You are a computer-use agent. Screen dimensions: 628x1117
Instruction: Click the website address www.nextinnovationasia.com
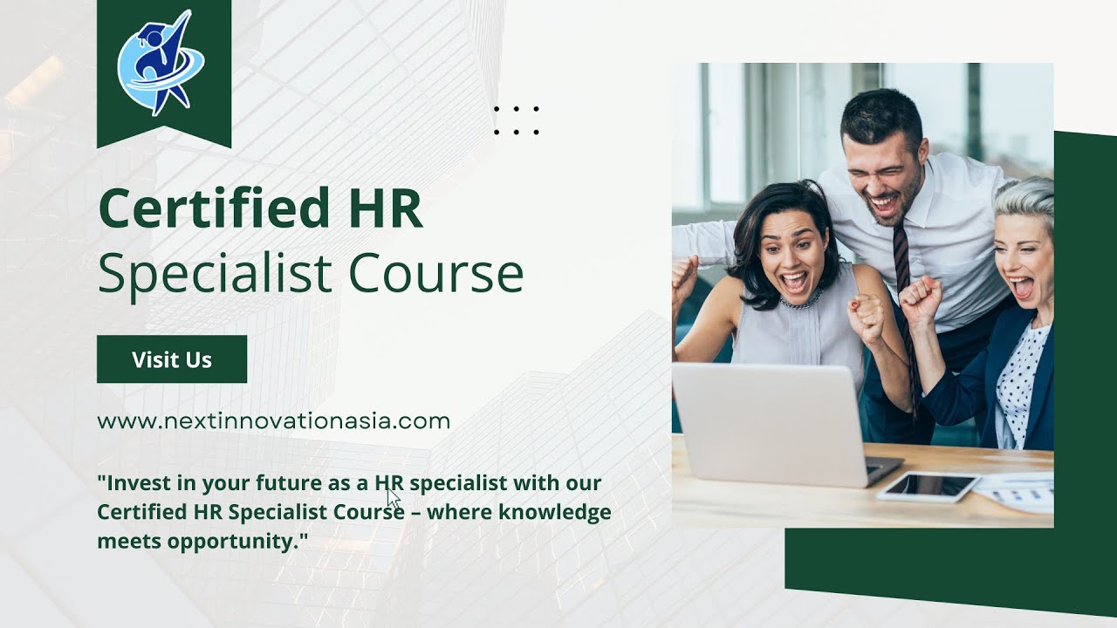pyautogui.click(x=273, y=421)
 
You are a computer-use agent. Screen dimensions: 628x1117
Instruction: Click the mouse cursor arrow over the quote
pyautogui.click(x=393, y=498)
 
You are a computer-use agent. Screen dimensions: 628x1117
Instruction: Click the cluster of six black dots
pyautogui.click(x=517, y=120)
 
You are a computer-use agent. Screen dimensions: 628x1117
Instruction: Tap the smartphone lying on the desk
pyautogui.click(x=927, y=486)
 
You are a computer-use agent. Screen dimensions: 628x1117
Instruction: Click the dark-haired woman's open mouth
pyautogui.click(x=793, y=283)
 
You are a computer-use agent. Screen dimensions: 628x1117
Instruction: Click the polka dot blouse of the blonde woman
pyautogui.click(x=1022, y=375)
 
